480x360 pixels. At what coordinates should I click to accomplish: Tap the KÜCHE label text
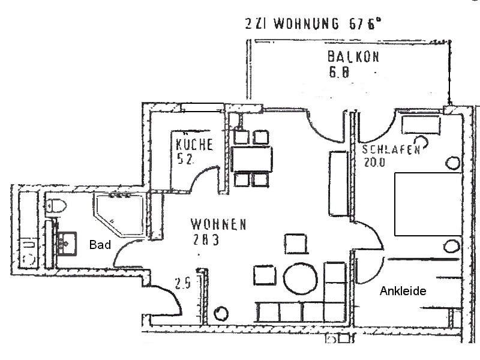pyautogui.click(x=195, y=144)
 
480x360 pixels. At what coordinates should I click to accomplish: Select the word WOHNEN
pyautogui.click(x=218, y=224)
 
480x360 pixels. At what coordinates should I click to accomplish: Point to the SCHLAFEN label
pyautogui.click(x=390, y=150)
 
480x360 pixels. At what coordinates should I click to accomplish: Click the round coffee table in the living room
pyautogui.click(x=299, y=278)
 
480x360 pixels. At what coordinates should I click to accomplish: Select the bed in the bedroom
pyautogui.click(x=426, y=204)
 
